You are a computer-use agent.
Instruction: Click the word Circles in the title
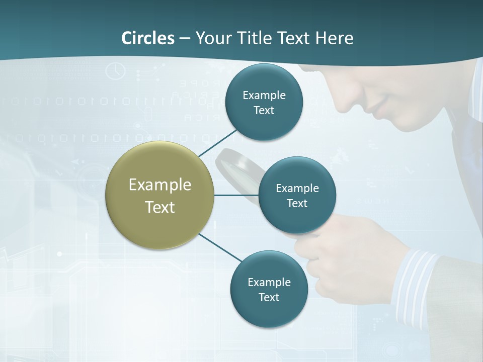click(x=148, y=38)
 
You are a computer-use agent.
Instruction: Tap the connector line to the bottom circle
click(x=220, y=248)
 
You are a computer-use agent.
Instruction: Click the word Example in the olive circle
click(x=159, y=185)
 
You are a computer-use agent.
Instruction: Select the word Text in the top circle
click(x=264, y=110)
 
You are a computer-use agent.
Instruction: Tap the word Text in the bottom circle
click(x=269, y=297)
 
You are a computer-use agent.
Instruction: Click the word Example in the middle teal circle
click(x=297, y=188)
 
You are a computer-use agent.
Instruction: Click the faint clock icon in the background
click(x=116, y=70)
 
